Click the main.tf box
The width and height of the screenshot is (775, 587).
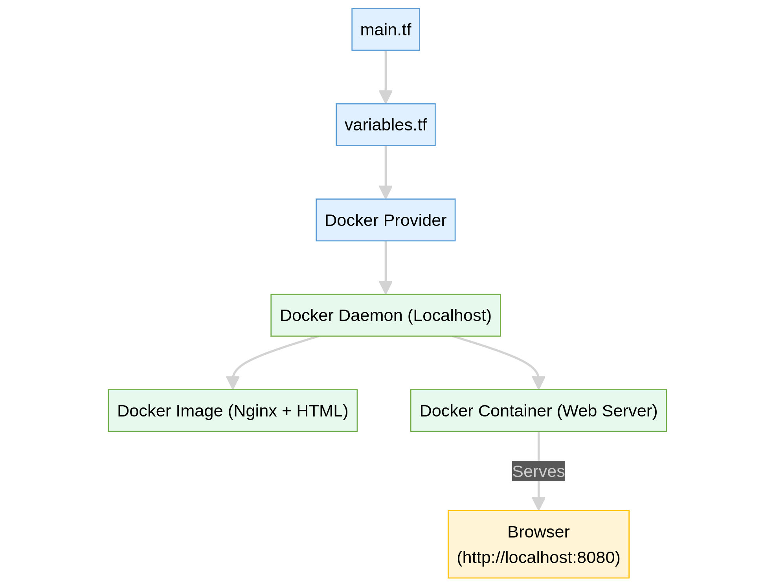pyautogui.click(x=386, y=29)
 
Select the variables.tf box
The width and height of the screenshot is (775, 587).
pyautogui.click(x=386, y=125)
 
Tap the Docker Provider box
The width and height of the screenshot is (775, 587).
pyautogui.click(x=386, y=220)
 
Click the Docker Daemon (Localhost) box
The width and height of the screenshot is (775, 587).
pyautogui.click(x=386, y=315)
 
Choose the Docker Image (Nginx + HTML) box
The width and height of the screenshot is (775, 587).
pyautogui.click(x=233, y=411)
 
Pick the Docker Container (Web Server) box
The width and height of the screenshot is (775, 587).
pyautogui.click(x=538, y=411)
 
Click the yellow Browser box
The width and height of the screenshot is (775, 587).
pyautogui.click(x=538, y=544)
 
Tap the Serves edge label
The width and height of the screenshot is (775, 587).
pyautogui.click(x=538, y=471)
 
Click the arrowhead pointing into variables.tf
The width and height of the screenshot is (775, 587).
pyautogui.click(x=386, y=97)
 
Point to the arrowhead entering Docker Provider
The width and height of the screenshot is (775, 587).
pyautogui.click(x=386, y=193)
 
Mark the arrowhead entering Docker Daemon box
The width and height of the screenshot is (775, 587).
pyautogui.click(x=386, y=288)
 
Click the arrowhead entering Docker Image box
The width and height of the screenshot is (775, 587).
pyautogui.click(x=233, y=383)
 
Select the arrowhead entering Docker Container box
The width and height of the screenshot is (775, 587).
pyautogui.click(x=538, y=383)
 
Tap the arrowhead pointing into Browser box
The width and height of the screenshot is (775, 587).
pyautogui.click(x=538, y=504)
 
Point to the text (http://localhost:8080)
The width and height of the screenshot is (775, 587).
pyautogui.click(x=538, y=557)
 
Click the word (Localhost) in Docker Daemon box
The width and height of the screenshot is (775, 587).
pyautogui.click(x=449, y=316)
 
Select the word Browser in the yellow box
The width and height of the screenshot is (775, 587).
pyautogui.click(x=538, y=532)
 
